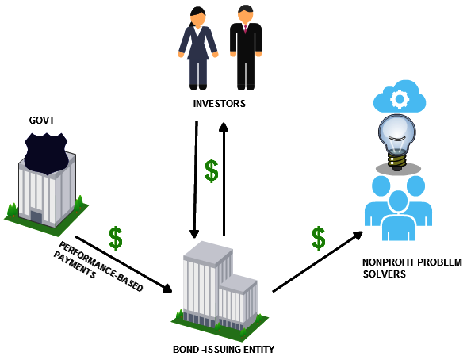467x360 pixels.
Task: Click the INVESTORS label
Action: pos(219,104)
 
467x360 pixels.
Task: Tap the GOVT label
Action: pos(42,121)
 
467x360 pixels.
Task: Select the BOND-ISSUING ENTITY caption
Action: pos(224,349)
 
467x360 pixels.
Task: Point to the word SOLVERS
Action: pos(385,274)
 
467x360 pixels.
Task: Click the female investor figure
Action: pos(197,48)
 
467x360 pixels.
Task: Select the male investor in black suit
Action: pos(246,48)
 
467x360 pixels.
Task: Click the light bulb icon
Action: pos(396,143)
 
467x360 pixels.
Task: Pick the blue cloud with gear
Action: pos(400,96)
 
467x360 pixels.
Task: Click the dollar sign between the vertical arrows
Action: pos(212,170)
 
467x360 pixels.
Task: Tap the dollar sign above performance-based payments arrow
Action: pos(116,238)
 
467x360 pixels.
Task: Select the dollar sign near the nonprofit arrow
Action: pos(319,238)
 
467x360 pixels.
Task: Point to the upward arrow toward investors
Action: pos(224,179)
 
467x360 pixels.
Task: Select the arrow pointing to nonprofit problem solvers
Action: pos(318,262)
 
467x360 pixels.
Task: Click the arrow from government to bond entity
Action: pos(124,264)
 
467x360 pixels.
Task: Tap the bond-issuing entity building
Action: pos(220,291)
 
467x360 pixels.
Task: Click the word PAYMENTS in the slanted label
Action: pos(75,265)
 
